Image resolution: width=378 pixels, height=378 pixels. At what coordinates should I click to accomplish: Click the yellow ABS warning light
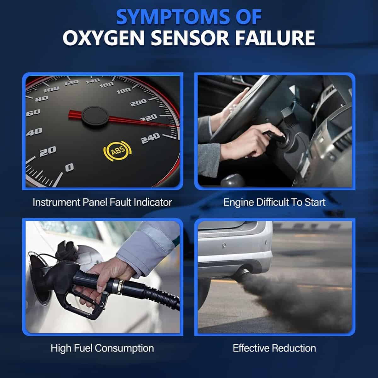click(x=117, y=151)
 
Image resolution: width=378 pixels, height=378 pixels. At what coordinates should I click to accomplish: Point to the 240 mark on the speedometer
click(x=151, y=138)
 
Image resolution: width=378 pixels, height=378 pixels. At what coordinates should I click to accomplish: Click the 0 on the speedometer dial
click(x=69, y=167)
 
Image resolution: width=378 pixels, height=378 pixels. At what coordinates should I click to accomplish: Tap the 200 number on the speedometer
click(x=139, y=103)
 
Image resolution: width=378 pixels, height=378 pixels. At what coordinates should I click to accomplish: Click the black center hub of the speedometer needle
click(x=95, y=116)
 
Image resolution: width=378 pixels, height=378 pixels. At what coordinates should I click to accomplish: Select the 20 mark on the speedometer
click(x=48, y=152)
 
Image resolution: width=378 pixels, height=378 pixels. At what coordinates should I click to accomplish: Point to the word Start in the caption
click(x=315, y=202)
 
